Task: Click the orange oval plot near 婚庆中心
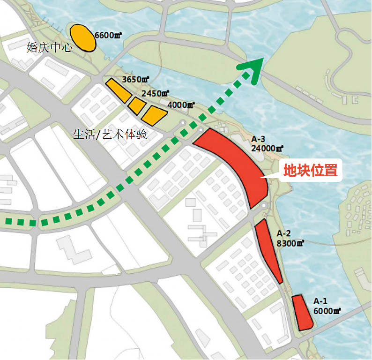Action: [83, 38]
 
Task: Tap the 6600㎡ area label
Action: [108, 35]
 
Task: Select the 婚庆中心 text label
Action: [49, 48]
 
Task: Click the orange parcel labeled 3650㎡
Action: [118, 90]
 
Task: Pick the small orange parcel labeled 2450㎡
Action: [137, 105]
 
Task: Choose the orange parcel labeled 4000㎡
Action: [154, 114]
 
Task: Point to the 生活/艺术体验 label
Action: [110, 135]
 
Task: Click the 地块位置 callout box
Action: [311, 171]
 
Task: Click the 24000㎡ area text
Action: [267, 148]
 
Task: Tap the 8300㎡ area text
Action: [290, 243]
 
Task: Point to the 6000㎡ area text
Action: [327, 310]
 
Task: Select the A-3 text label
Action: [258, 139]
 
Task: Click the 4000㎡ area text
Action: [180, 105]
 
